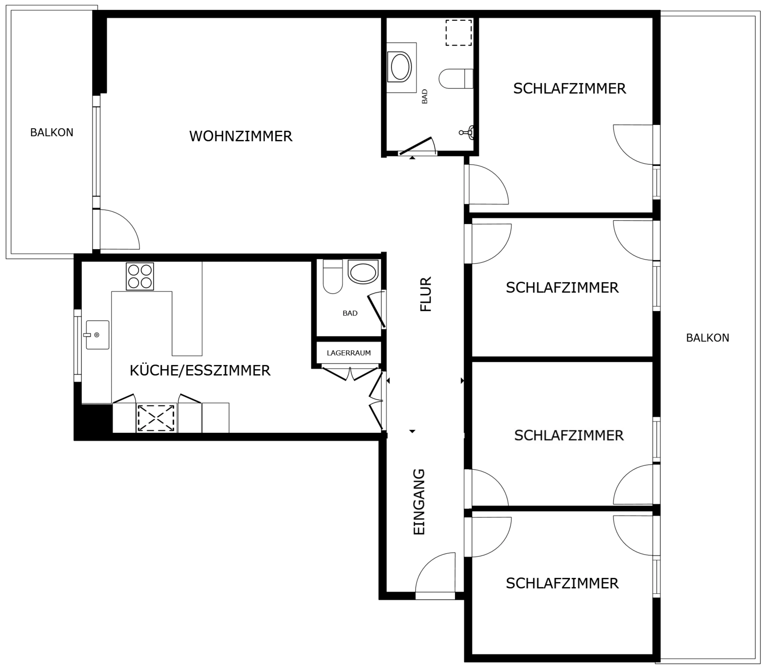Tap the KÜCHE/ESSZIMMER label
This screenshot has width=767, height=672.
point(200,371)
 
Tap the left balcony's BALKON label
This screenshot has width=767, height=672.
point(52,132)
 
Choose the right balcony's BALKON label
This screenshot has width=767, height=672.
point(707,338)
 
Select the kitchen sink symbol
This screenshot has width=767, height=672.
point(97,335)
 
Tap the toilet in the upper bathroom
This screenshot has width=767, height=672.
point(456,78)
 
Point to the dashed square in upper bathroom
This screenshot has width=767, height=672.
point(459,33)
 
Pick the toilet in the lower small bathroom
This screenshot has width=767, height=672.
point(333,277)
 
